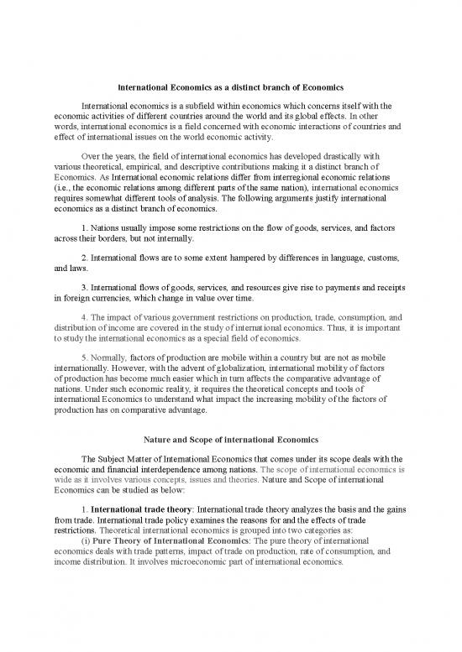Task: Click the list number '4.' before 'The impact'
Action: [86, 317]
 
